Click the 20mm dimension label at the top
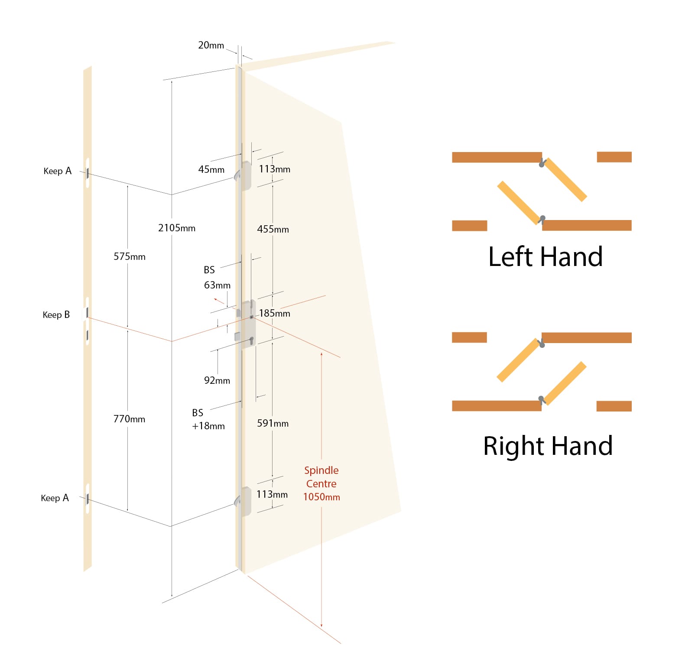point(211,45)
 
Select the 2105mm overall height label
point(177,228)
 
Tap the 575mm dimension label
point(130,256)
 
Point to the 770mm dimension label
point(129,419)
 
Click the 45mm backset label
point(211,169)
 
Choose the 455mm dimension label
point(273,229)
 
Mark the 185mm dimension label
point(275,313)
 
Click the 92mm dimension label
point(217,380)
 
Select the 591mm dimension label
point(273,423)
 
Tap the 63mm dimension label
point(217,285)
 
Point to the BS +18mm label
point(208,419)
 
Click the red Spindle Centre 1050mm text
point(322,483)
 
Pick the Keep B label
point(56,315)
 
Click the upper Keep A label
point(58,171)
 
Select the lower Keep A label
point(55,498)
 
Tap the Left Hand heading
point(546,256)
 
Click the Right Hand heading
point(548,446)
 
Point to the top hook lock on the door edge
point(244,175)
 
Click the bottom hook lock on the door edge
point(244,502)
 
